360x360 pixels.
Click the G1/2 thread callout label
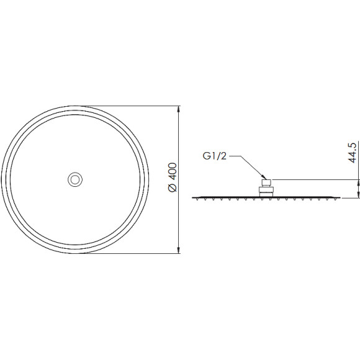coord(214,156)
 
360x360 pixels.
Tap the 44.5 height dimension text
coord(353,153)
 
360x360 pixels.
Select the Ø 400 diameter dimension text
coord(173,177)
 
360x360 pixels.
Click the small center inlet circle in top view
coord(75,179)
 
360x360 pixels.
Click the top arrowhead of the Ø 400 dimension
coord(179,109)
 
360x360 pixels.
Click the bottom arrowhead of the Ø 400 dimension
coord(179,250)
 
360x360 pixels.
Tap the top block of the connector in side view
coord(266,183)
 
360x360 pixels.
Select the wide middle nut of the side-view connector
coord(266,190)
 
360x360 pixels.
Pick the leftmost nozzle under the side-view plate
coord(197,199)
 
